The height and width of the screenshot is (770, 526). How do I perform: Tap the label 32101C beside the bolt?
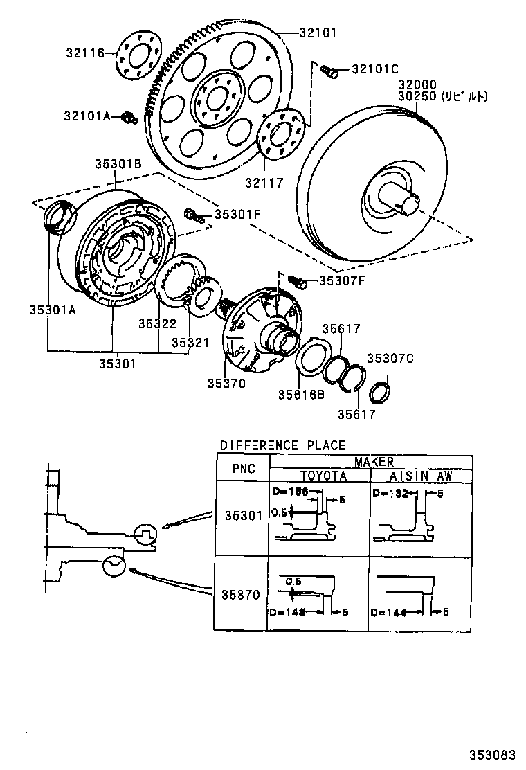[375, 69]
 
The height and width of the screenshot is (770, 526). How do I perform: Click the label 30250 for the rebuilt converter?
[417, 97]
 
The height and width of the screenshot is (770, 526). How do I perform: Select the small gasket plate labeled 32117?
[281, 133]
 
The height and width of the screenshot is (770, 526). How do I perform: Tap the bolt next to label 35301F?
[193, 215]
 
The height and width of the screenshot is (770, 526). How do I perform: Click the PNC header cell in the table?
[243, 469]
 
